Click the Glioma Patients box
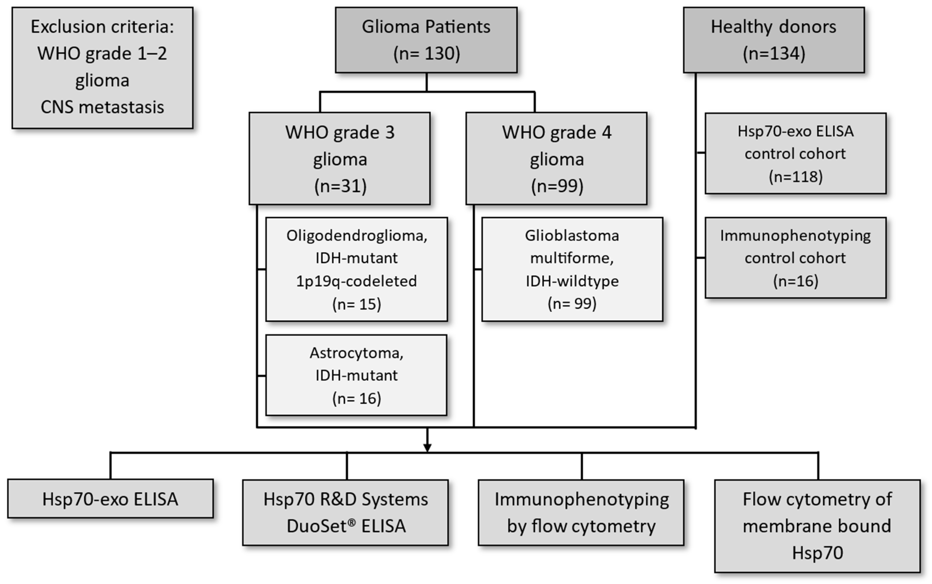tap(426, 40)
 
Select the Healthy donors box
tap(774, 40)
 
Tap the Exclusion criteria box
tap(102, 68)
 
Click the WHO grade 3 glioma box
tap(339, 158)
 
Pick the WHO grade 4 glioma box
tap(556, 158)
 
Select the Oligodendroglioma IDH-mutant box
tap(356, 269)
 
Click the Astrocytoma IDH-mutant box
tap(356, 375)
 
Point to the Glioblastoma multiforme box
tap(572, 269)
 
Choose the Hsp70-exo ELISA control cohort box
tap(795, 153)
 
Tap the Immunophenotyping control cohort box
tap(795, 258)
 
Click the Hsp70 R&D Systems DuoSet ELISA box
tap(345, 513)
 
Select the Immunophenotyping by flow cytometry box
tap(581, 513)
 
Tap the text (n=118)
tap(795, 176)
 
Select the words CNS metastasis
tap(102, 107)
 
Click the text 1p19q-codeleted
tap(356, 281)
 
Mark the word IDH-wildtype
tap(572, 281)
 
